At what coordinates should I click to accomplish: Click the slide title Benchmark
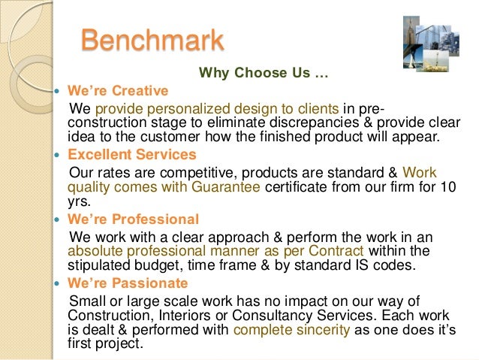click(x=152, y=39)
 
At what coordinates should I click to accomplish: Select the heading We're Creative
click(x=118, y=92)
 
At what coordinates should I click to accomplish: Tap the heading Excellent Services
click(x=132, y=155)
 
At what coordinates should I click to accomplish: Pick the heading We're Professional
click(x=134, y=219)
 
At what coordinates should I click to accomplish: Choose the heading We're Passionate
click(x=128, y=283)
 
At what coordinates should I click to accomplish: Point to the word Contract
click(x=338, y=251)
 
